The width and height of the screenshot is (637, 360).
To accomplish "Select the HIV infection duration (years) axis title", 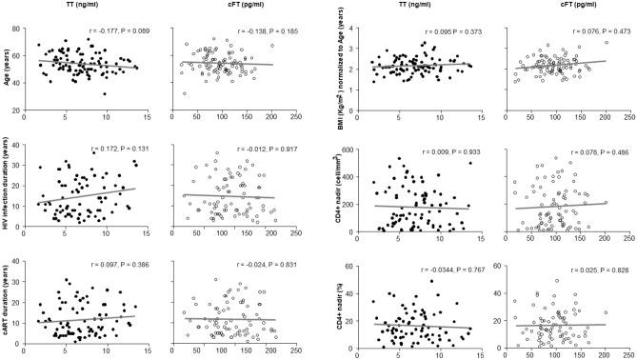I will pyautogui.click(x=8, y=191).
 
